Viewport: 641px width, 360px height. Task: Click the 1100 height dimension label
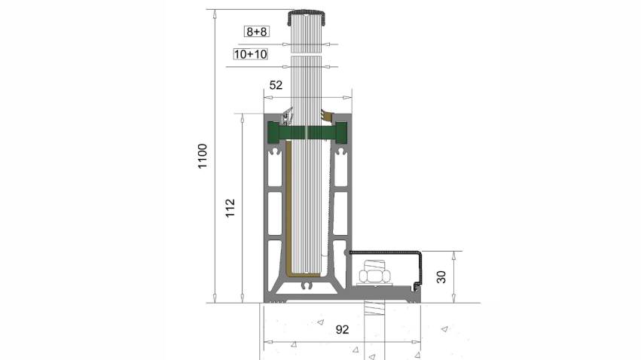tap(203, 156)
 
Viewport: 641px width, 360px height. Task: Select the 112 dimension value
tap(230, 208)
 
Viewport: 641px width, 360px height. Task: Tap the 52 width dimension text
tap(276, 85)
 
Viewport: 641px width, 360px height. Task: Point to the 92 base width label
tap(342, 329)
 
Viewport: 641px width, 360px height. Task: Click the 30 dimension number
tap(441, 277)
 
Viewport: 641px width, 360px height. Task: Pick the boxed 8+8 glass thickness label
tap(257, 32)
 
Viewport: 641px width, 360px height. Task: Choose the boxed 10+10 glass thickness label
tap(251, 54)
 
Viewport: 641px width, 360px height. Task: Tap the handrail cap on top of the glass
tap(307, 17)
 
